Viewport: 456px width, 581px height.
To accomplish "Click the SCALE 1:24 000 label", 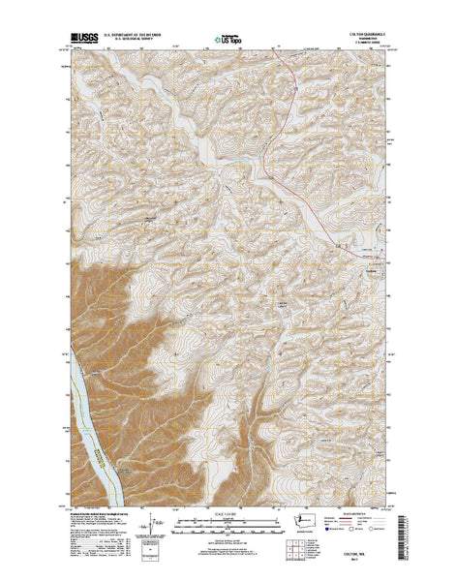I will point(228,512).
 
